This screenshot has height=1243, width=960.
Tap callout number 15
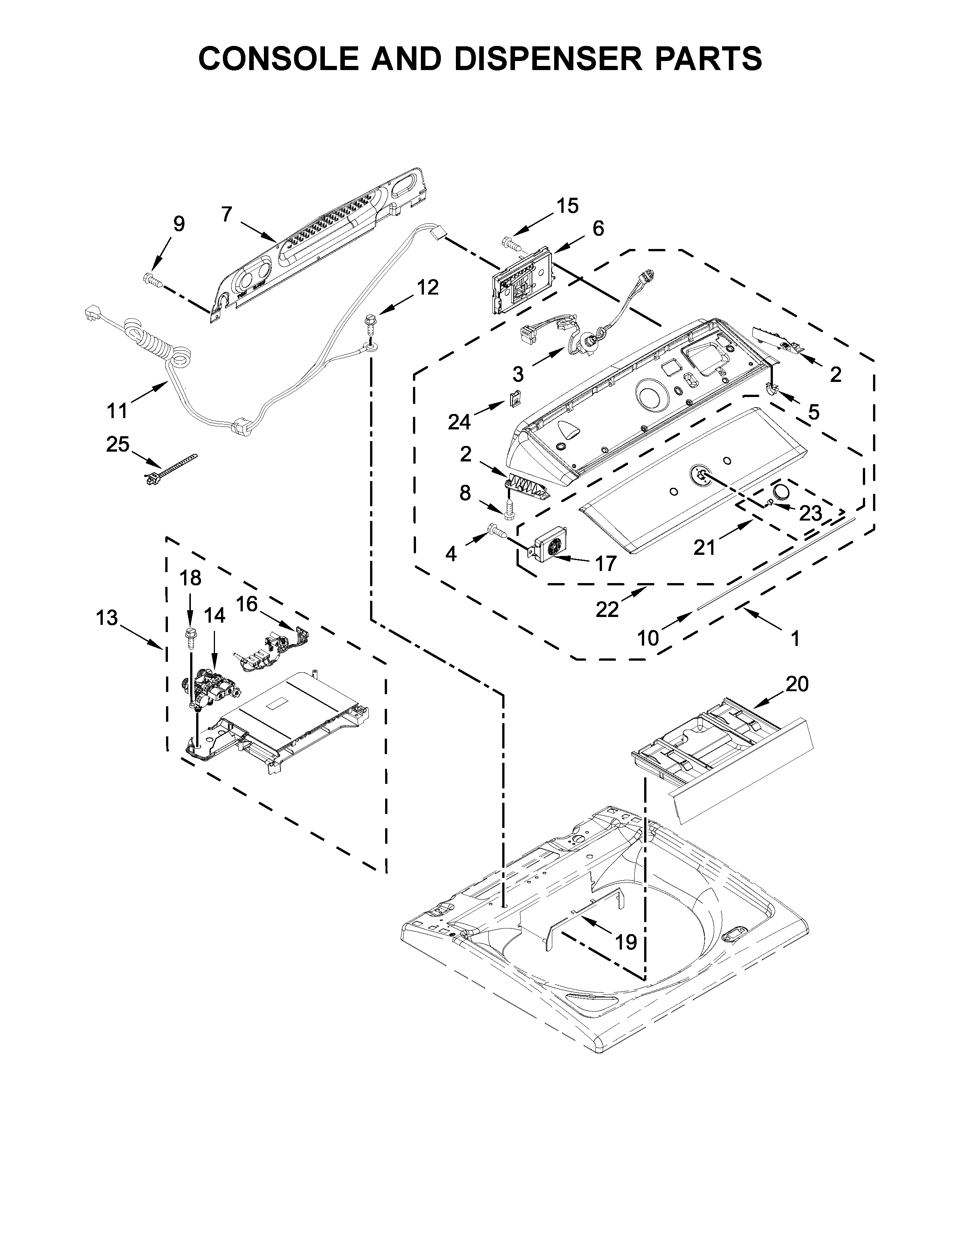[567, 206]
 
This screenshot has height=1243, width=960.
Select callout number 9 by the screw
[178, 224]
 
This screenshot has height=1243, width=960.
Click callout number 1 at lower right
[795, 638]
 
